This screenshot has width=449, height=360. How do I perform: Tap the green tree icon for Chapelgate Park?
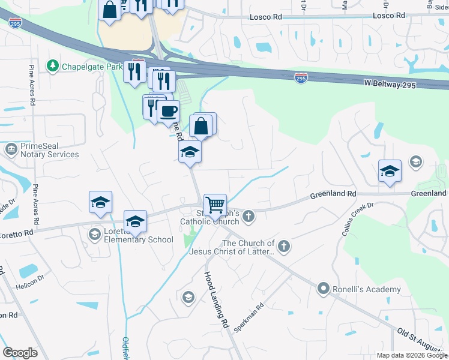coord(53,65)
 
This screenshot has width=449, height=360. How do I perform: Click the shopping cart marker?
coord(215,206)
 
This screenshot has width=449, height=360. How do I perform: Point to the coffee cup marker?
coord(168,111)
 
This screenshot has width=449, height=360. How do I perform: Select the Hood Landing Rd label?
coord(217,300)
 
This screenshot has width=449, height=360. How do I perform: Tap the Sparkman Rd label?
coord(249,319)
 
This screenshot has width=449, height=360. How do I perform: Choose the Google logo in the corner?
coord(20,353)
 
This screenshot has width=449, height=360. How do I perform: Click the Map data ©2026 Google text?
coord(412,355)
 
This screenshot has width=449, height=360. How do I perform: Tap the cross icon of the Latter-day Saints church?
coord(283,245)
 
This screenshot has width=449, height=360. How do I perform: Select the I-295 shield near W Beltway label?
coord(301,78)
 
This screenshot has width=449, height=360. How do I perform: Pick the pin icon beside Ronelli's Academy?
coord(324,289)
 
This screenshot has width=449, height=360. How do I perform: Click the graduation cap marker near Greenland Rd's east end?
coord(390,171)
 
